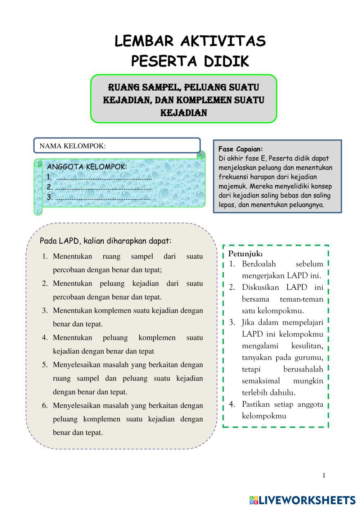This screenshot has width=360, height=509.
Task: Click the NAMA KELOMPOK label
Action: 72,146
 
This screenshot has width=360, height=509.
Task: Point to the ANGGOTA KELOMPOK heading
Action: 87,167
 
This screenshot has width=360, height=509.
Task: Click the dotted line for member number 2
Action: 103,187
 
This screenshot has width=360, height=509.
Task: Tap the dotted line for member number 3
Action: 103,197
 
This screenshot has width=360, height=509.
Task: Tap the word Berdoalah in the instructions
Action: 259,264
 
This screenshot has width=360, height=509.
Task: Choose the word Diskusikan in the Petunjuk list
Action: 261,287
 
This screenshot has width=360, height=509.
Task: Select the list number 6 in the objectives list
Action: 45,406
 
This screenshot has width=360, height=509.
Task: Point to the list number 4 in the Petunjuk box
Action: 232,404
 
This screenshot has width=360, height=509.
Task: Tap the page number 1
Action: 324,476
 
